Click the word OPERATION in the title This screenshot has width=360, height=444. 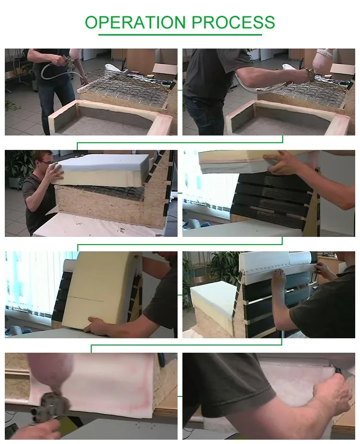[135, 22]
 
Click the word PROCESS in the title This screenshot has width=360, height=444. [233, 22]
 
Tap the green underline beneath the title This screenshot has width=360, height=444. [180, 35]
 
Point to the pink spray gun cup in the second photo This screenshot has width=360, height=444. [324, 57]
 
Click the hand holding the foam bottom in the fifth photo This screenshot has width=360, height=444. [99, 326]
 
